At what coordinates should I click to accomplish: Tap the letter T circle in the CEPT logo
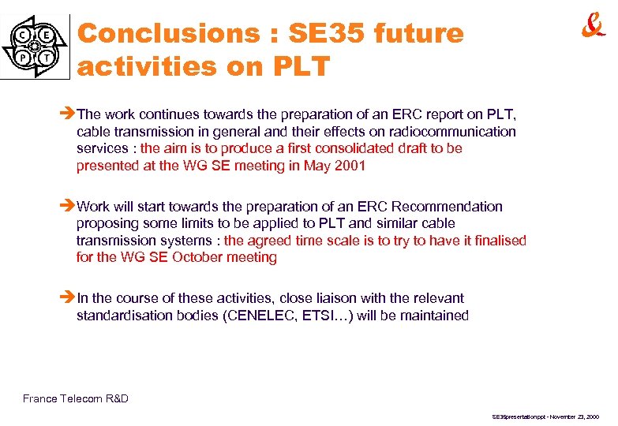[48, 58]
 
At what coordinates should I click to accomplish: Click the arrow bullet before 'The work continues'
[68, 114]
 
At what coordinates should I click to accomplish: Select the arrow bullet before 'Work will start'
[68, 207]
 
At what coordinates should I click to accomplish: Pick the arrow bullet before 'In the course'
[68, 298]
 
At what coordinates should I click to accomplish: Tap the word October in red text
[206, 257]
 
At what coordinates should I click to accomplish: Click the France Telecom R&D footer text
[76, 398]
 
